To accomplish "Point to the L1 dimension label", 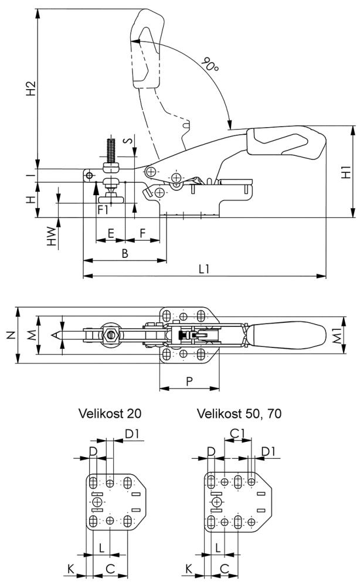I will [204, 269].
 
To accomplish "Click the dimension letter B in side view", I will [124, 253].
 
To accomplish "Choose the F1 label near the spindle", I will [103, 208].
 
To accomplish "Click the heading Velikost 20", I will [110, 414].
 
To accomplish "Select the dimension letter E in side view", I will [110, 233].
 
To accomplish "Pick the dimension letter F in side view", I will [143, 233].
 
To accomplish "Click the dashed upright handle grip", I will [145, 50].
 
